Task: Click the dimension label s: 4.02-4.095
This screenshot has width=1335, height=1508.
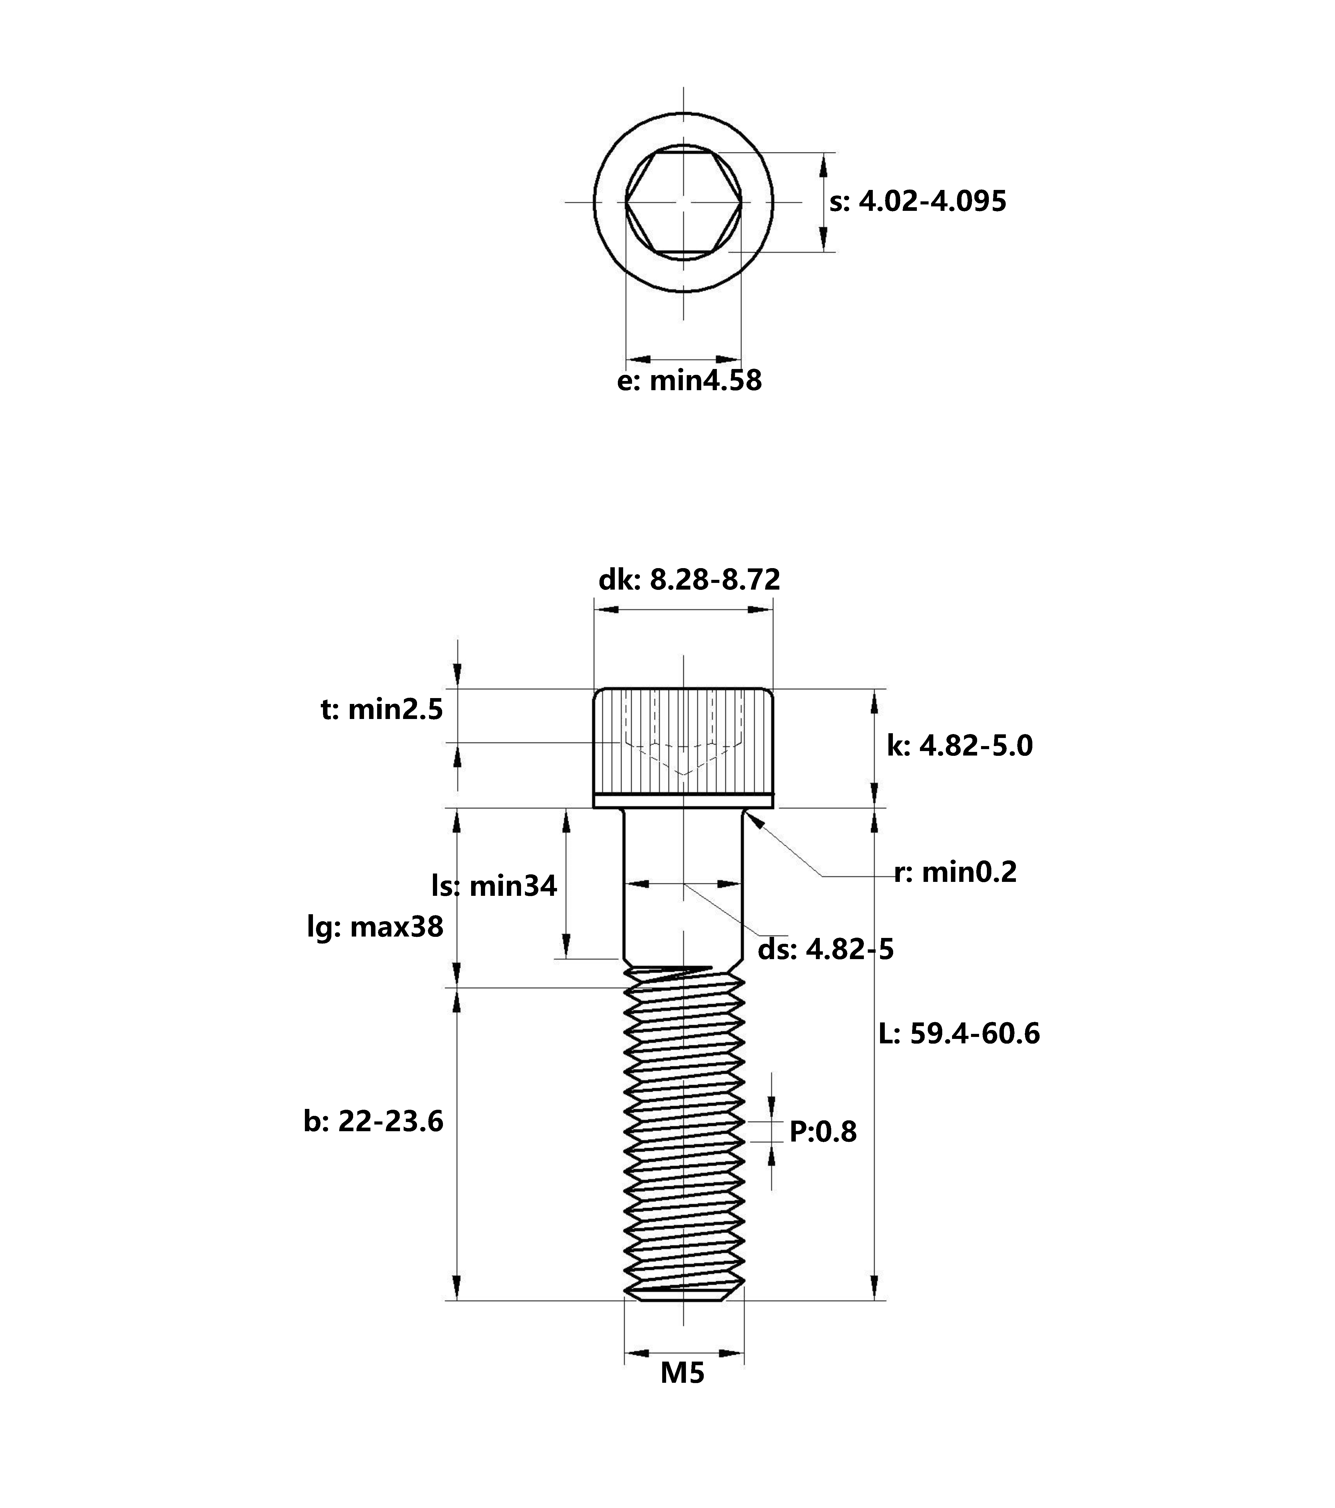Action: point(917,201)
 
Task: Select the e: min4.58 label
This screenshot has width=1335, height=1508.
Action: point(689,381)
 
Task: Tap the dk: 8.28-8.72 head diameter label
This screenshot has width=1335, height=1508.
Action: point(689,580)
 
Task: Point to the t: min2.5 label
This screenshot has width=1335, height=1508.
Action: point(382,710)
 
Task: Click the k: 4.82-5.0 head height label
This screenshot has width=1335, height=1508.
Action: point(959,746)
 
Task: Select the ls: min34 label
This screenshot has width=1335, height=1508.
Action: point(494,885)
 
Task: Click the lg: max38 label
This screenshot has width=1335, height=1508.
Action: point(375,927)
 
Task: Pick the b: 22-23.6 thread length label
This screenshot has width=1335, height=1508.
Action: point(373,1121)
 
